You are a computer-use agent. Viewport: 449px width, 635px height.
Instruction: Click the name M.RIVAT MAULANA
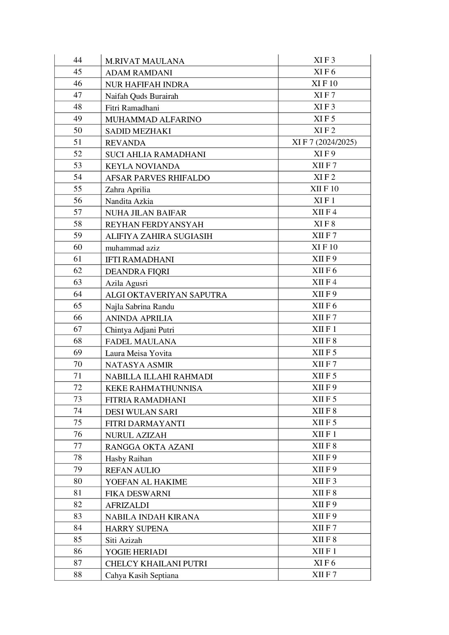point(145,61)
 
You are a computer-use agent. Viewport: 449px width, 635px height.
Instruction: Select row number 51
point(78,142)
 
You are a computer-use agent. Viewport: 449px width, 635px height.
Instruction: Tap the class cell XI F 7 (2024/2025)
point(324,142)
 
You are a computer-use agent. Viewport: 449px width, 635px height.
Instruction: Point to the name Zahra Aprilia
point(127,189)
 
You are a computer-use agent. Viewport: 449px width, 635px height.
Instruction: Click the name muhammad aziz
point(132,248)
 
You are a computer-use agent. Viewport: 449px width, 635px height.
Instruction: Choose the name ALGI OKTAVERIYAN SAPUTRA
point(166,295)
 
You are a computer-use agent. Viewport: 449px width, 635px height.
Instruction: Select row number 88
point(78,574)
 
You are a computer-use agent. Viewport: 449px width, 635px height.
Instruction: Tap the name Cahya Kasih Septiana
point(142,575)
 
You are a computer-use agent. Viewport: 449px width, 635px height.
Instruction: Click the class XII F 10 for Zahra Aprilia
point(324,189)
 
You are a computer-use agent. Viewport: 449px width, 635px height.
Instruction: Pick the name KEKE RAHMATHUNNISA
point(154,388)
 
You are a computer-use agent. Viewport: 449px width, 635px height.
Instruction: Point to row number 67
point(78,329)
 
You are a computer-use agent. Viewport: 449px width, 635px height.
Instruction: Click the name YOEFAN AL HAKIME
point(146,482)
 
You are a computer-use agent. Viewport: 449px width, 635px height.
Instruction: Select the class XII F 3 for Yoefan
point(324,481)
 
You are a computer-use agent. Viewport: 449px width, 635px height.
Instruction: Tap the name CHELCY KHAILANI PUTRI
point(156,564)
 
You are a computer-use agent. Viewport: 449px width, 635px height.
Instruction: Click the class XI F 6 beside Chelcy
point(324,563)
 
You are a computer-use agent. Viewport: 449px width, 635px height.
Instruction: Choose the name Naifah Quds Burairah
point(142,96)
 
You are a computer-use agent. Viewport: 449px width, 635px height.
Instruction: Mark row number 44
point(78,60)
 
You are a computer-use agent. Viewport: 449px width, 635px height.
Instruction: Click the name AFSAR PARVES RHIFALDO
point(157,178)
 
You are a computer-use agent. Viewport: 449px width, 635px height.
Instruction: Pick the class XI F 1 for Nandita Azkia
point(324,200)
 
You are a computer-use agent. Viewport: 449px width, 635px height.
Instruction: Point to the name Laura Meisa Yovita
point(138,353)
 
